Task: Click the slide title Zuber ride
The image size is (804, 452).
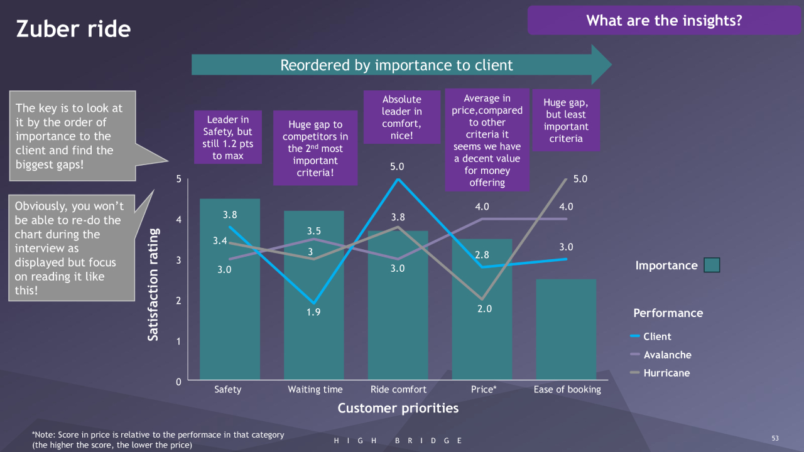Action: (73, 29)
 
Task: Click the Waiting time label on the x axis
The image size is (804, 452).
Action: (315, 390)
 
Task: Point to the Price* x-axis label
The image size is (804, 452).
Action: (484, 390)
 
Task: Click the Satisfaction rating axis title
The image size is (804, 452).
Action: (153, 284)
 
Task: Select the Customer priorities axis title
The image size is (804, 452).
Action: (398, 409)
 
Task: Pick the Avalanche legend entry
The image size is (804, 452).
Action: (666, 355)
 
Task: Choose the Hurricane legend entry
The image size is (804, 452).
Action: (666, 373)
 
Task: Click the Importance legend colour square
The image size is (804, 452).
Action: (712, 266)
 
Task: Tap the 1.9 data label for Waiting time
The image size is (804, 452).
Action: (313, 313)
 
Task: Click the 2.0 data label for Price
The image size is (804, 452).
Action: (484, 309)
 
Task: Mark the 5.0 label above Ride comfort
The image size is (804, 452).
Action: (397, 167)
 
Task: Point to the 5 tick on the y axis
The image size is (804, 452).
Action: (178, 179)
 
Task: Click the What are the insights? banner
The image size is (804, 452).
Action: (664, 21)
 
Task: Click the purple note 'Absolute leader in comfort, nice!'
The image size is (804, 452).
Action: (402, 117)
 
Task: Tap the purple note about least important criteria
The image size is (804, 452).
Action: (566, 121)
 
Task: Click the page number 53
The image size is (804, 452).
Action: (774, 438)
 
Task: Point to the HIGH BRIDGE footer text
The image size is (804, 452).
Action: (398, 441)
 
